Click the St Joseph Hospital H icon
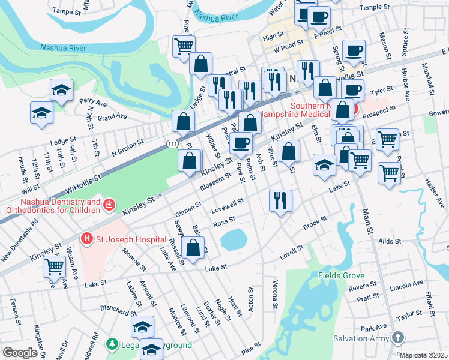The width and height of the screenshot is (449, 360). coord(87,239)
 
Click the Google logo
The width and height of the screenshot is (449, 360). coord(20,353)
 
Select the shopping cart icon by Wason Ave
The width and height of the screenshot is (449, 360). coord(55,265)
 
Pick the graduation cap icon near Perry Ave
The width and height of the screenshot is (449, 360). coord(61,90)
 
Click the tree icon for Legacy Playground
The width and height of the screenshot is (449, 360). coord(111,344)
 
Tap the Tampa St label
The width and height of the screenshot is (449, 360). coord(67,11)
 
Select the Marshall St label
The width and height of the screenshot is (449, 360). coord(430,79)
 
